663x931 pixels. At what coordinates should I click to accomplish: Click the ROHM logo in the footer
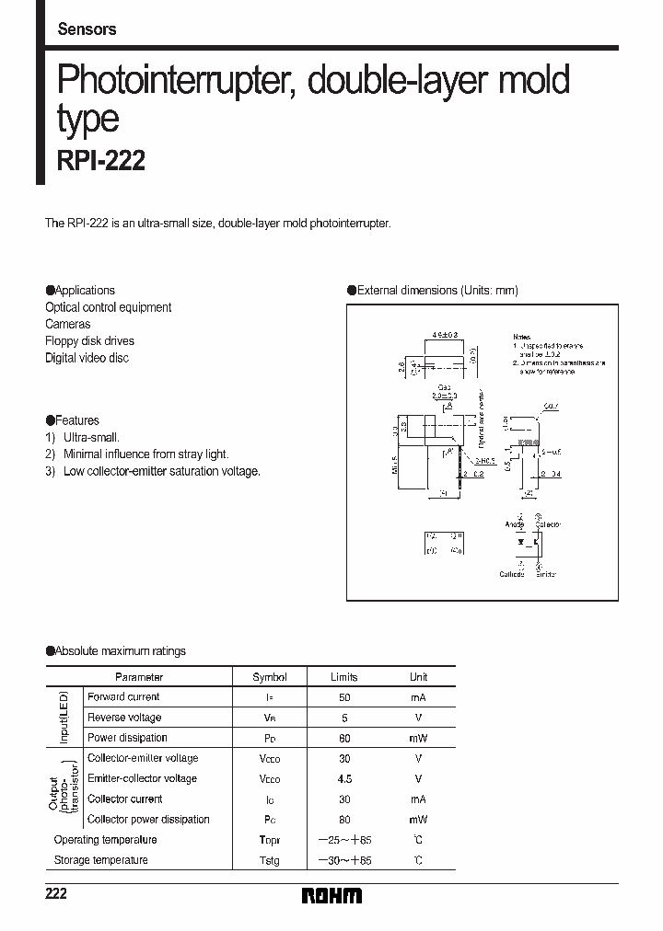[x=331, y=895]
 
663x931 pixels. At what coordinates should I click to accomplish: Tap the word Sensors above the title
[x=87, y=29]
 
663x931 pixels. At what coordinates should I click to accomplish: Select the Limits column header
[x=344, y=677]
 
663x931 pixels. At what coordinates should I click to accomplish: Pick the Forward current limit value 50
[x=344, y=697]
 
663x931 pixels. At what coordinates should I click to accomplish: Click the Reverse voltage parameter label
[x=124, y=718]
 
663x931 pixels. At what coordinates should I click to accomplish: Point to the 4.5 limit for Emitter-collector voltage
[x=344, y=778]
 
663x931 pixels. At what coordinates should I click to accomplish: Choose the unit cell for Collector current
[x=418, y=799]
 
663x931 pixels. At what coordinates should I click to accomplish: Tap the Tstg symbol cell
[x=269, y=860]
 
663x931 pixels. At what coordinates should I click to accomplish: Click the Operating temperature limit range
[x=344, y=840]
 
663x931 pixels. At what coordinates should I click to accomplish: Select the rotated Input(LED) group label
[x=64, y=718]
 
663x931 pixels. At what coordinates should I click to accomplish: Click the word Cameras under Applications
[x=68, y=324]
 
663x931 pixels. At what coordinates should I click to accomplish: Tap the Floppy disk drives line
[x=89, y=340]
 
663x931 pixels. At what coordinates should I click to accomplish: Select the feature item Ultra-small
[x=91, y=438]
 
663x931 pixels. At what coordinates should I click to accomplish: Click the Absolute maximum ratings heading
[x=120, y=651]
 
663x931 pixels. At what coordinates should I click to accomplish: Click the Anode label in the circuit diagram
[x=514, y=524]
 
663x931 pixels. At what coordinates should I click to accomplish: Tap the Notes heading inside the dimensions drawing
[x=522, y=338]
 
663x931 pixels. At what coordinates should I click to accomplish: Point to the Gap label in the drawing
[x=445, y=387]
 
